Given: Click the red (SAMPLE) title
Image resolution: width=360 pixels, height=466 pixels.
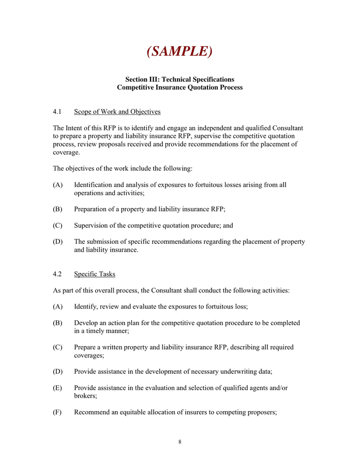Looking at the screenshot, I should point(179,51).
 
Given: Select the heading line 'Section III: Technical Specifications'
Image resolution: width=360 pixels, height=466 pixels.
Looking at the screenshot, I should point(179,79).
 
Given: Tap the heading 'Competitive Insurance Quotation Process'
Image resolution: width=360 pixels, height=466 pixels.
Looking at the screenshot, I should point(179,88).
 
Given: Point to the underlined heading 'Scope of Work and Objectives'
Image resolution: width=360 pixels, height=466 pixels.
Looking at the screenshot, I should point(117,112).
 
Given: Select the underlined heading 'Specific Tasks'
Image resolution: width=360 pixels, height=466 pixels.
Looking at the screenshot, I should point(95,274).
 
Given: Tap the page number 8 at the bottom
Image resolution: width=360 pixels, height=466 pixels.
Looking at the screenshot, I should point(179,442).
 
